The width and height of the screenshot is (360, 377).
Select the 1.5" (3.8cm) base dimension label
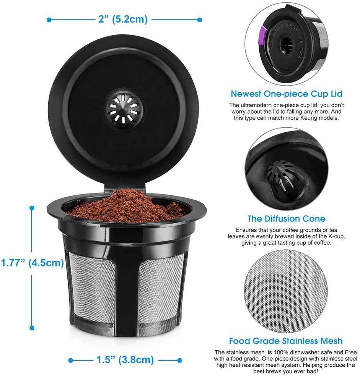click(125, 359)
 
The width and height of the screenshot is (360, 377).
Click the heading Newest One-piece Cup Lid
click(286, 94)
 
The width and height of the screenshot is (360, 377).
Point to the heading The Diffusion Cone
click(286, 219)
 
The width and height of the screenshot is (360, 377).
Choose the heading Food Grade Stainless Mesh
click(286, 341)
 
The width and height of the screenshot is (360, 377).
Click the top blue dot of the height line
click(32, 208)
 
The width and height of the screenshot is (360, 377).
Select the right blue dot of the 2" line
click(199, 19)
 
